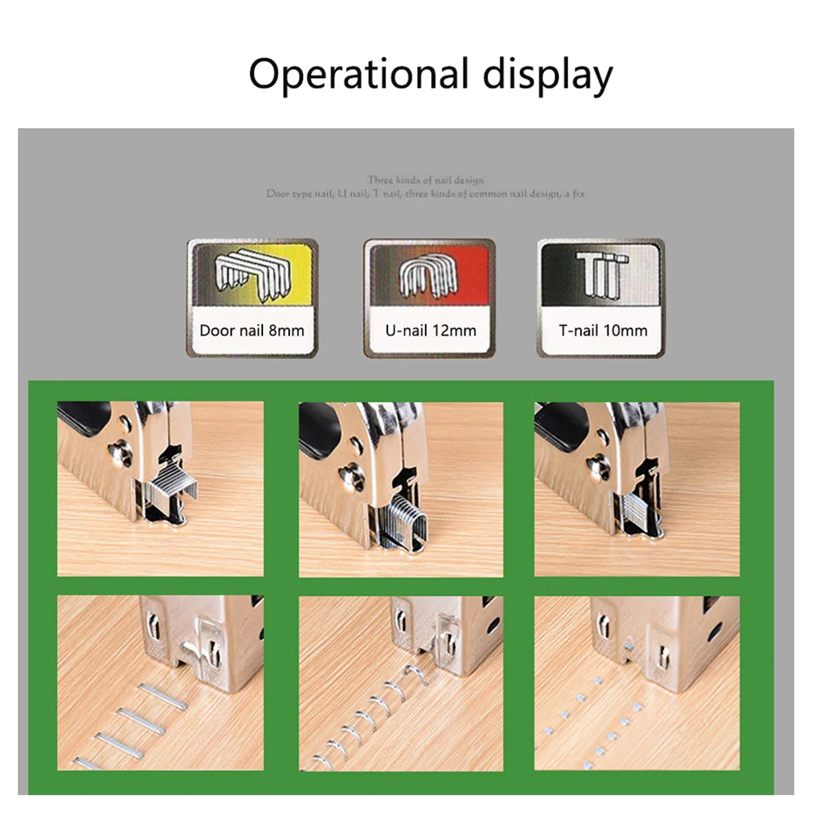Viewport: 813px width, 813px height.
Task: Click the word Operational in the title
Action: click(x=358, y=75)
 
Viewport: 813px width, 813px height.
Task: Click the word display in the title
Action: click(x=547, y=75)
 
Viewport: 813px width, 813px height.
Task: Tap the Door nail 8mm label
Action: click(x=253, y=331)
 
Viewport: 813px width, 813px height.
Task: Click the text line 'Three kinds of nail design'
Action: click(x=425, y=180)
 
